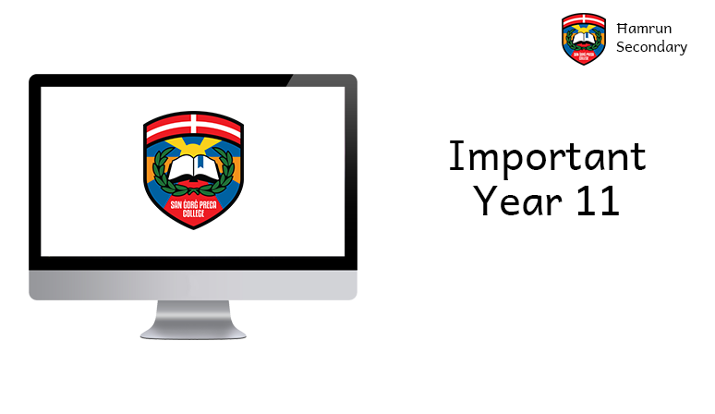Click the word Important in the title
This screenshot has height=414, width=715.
547,158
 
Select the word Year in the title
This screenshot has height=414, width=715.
511,201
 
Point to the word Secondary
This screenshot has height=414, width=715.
651,47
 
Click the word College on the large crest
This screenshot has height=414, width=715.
193,214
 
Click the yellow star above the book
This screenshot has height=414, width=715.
193,145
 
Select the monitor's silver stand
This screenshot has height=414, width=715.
193,318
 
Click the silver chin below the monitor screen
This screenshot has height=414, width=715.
193,283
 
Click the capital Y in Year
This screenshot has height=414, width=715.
483,200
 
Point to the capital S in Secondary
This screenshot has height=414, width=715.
621,47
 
